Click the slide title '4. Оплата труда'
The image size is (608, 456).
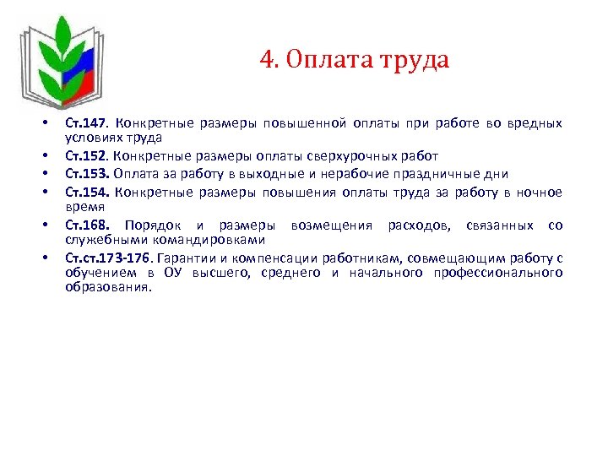[355, 60]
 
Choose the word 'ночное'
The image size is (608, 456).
[538, 192]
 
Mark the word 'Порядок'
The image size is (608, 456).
[153, 225]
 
